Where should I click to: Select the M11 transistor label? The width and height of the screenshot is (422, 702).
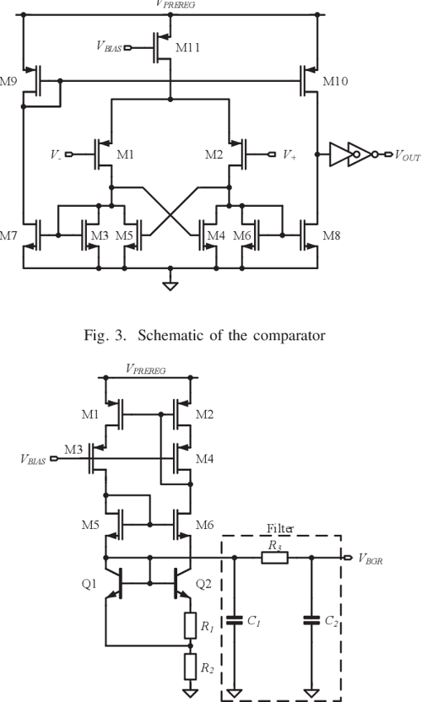tap(188, 48)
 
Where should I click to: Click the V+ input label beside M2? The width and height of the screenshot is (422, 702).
tap(289, 155)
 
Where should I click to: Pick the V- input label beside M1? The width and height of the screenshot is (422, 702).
tap(55, 155)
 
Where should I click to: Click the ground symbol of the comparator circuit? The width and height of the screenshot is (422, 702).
tap(171, 284)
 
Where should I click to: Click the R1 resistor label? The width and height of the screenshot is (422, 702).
tap(206, 626)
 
